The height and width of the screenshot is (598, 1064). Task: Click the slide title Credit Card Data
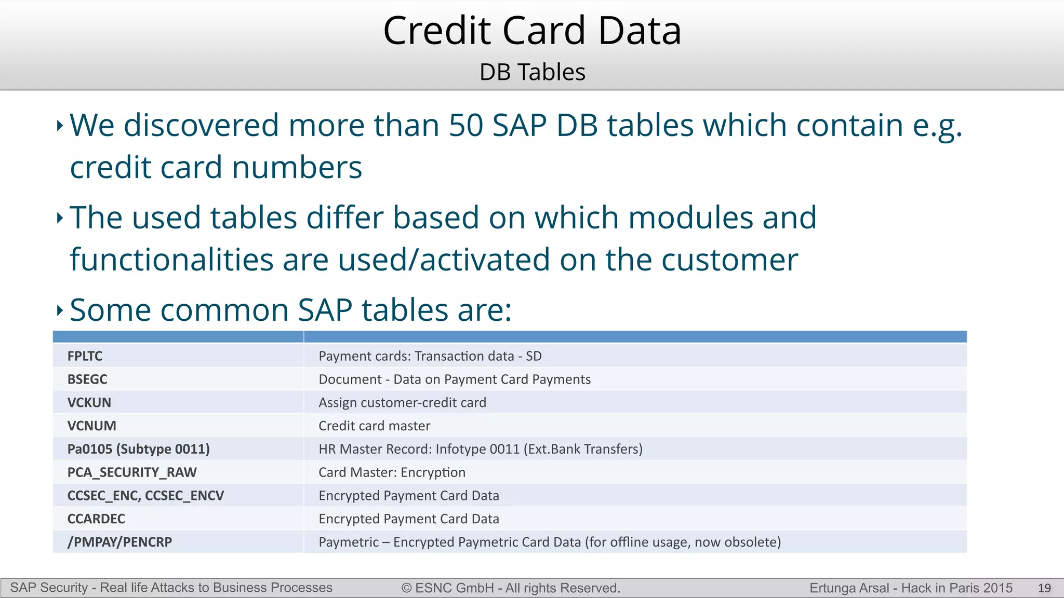(x=532, y=31)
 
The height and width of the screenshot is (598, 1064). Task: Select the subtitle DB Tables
(x=532, y=72)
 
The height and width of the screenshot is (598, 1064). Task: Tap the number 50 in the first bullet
(x=466, y=126)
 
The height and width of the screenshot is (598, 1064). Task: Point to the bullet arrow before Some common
(x=60, y=310)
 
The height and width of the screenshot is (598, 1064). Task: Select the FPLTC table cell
(x=85, y=356)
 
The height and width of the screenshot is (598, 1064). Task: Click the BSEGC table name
(x=87, y=379)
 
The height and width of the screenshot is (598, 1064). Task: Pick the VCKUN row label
(x=89, y=403)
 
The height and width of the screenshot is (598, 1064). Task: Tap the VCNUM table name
(x=92, y=426)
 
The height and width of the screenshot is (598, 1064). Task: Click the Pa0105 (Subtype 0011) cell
(x=139, y=449)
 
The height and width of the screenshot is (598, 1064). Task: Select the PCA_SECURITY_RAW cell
(x=132, y=472)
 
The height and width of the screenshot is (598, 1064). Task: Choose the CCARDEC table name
(x=96, y=519)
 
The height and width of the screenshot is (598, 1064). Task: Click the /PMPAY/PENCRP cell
(x=119, y=542)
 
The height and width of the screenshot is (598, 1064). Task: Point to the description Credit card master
(x=374, y=426)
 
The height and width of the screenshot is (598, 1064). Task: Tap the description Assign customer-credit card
(x=402, y=403)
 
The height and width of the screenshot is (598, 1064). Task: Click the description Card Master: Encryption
(x=392, y=472)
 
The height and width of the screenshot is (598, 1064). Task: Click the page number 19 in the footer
(x=1044, y=588)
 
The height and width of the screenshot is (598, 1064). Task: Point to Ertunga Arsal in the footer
(x=849, y=588)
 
